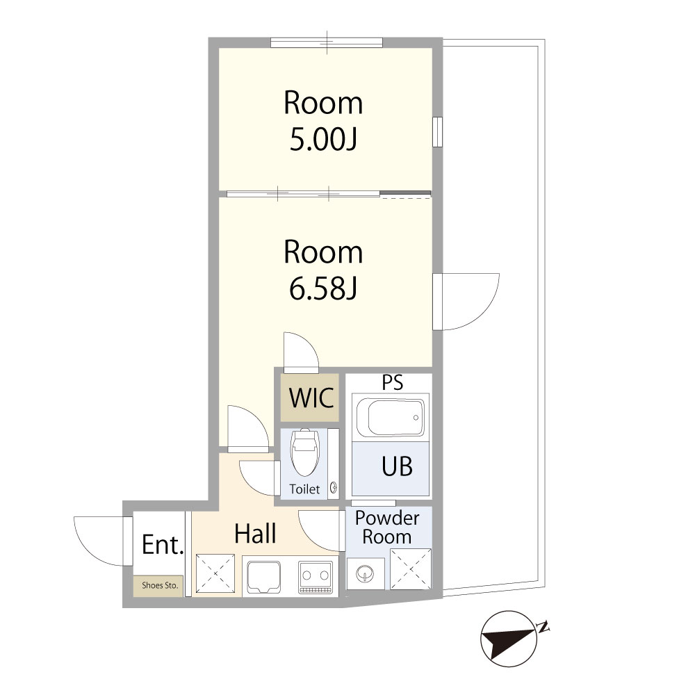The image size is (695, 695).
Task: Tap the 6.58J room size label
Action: coord(323,289)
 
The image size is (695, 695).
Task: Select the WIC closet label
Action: coord(311,398)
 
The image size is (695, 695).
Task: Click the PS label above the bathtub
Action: coord(393,382)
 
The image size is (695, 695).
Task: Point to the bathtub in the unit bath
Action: coord(391,417)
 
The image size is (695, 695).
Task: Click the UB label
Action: coord(397,466)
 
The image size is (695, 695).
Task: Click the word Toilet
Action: coord(304,489)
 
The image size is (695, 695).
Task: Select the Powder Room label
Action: coord(387,528)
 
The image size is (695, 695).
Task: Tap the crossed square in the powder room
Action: coord(411,569)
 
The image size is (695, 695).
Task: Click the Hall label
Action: coord(255,533)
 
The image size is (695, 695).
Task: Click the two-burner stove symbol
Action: coord(316,577)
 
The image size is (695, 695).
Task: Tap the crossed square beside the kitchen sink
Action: coord(215,573)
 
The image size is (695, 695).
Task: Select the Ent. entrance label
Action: coord(163,545)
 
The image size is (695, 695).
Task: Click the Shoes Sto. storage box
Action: coord(158,586)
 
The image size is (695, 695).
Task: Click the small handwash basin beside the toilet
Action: coord(334,488)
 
